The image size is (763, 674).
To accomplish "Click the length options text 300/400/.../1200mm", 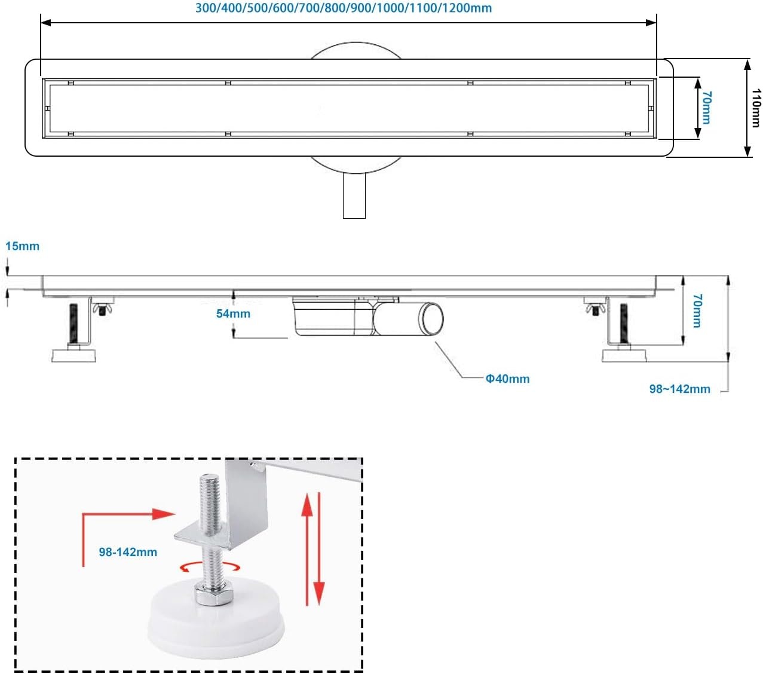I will tap(344, 8).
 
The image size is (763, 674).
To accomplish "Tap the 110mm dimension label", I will tap(756, 108).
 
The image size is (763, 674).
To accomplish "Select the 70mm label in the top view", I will tap(706, 108).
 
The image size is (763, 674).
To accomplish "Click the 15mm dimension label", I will tap(22, 246).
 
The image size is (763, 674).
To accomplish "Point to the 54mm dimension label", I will tap(233, 313).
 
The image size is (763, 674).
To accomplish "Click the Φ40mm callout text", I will tap(507, 379).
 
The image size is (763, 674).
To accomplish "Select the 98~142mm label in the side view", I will tap(679, 389).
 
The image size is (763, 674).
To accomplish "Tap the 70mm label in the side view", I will tap(697, 310).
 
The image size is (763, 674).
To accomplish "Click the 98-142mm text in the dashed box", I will tap(128, 552).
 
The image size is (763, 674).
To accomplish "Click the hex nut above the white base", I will tap(209, 594).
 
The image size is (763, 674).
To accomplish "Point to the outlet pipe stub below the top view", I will tap(354, 196).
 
